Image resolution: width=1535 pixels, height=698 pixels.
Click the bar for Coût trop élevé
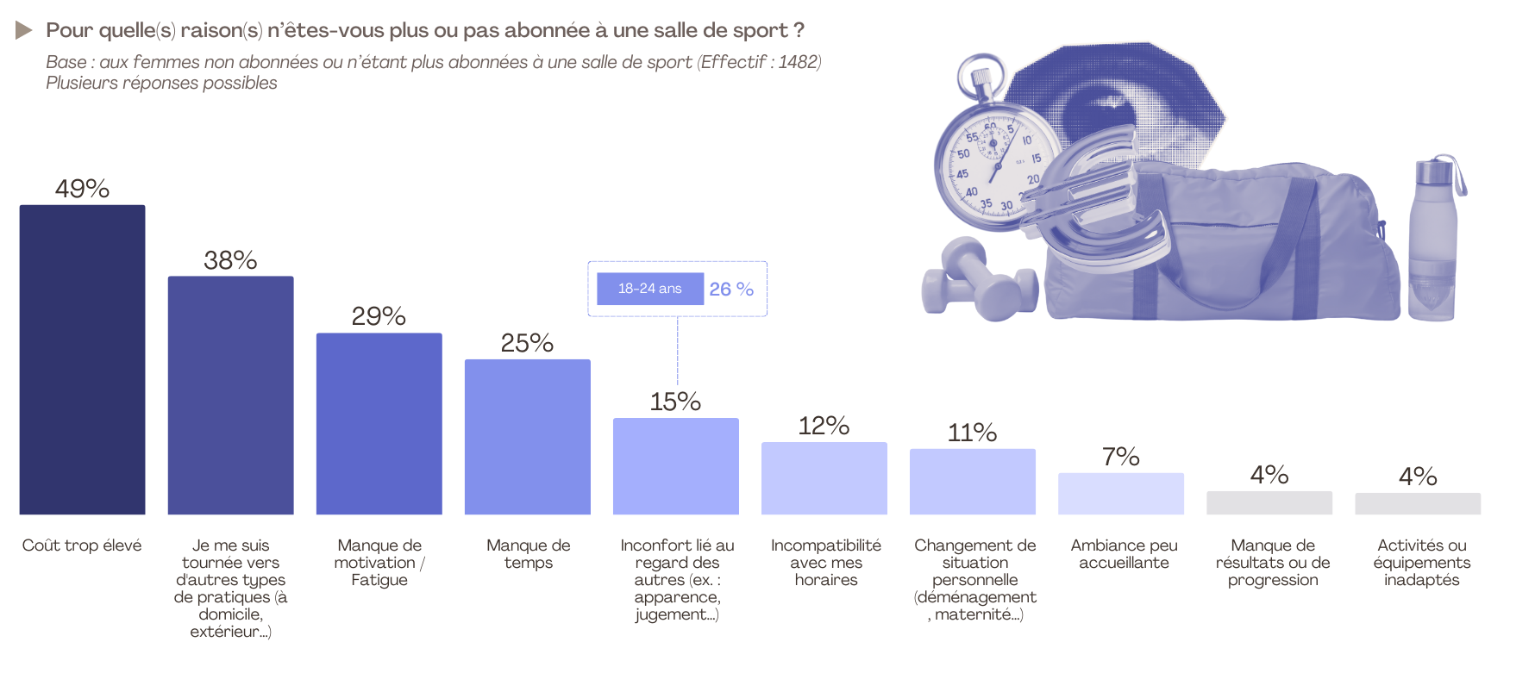82,359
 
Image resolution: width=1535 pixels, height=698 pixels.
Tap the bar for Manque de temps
527,437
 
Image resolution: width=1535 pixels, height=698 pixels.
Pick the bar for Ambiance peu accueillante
1120,494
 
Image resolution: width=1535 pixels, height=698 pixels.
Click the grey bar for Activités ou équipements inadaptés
1417,504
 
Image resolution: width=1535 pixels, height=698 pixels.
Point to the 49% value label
82,189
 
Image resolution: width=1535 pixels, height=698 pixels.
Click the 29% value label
379,316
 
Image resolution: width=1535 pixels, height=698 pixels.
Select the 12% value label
824,426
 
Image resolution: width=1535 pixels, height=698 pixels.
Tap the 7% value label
1120,457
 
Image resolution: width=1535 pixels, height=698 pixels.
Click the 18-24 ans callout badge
649,289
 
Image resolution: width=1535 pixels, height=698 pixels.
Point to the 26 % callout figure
731,290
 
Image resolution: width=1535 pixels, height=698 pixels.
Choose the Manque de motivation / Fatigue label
379,563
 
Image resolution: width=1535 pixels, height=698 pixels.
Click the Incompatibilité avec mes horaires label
825,563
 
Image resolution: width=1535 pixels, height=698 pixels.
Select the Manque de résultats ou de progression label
1273,563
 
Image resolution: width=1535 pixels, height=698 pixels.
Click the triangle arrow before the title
23,30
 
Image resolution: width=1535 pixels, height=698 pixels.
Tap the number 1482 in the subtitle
797,62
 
